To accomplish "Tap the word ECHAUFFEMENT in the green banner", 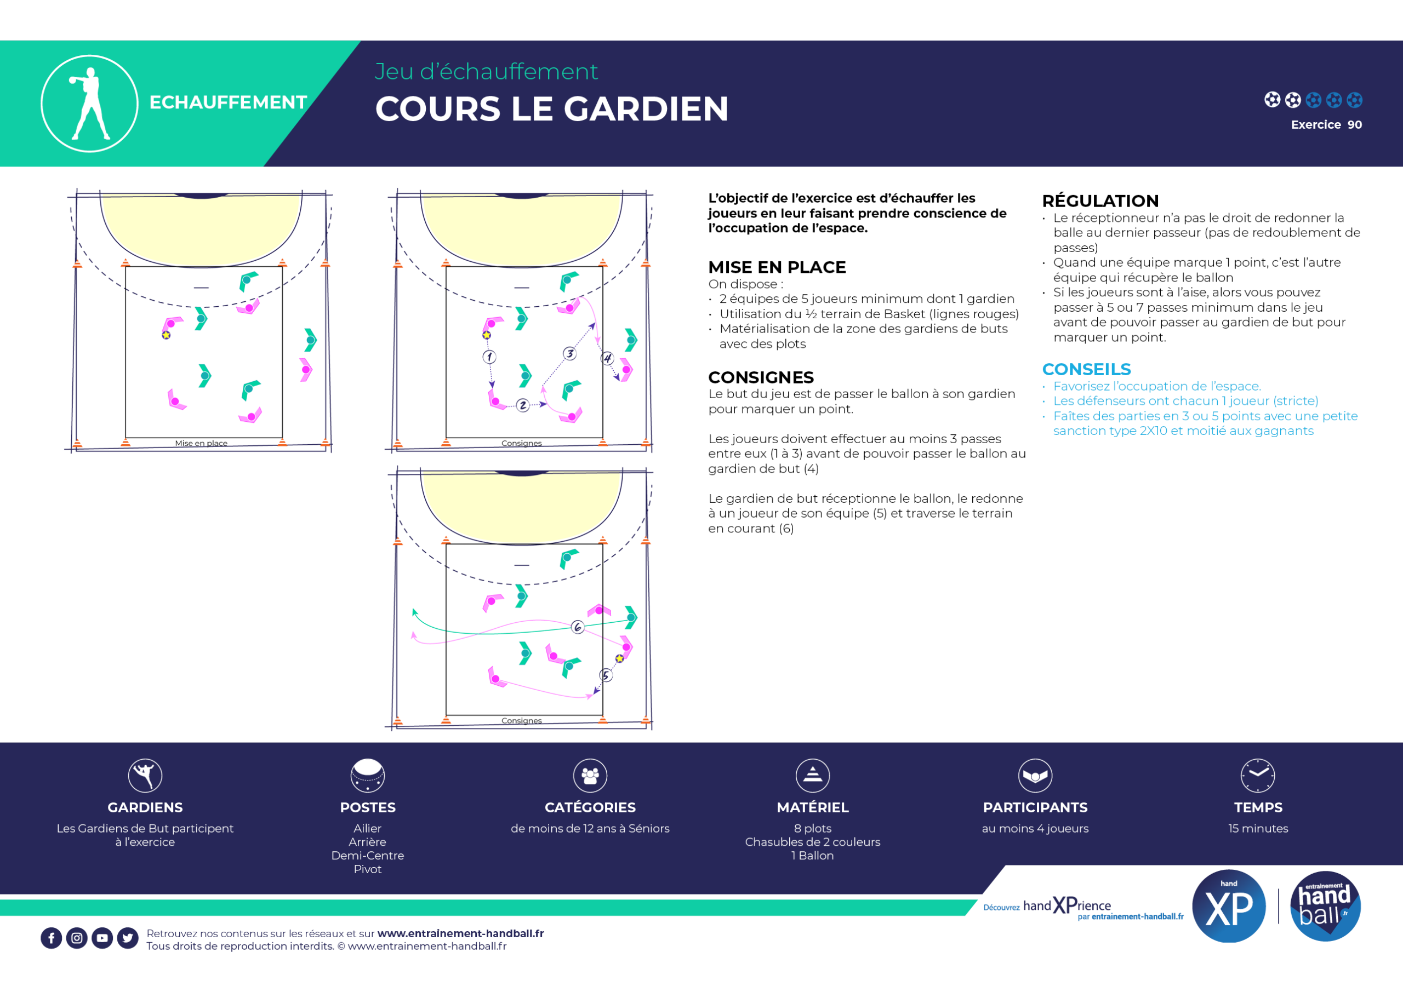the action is pos(228,102).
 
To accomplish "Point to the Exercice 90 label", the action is pos(1326,124).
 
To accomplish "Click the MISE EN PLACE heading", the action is pos(777,267).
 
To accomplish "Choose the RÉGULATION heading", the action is pos(1100,201).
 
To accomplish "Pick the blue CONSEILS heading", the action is pos(1086,369).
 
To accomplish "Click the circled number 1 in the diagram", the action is pos(489,357).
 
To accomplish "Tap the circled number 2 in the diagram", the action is pos(522,405).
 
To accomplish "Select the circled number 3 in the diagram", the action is pos(569,353).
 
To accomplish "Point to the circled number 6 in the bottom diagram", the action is pos(578,627).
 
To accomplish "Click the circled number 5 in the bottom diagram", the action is pos(606,675).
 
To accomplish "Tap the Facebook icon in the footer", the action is pos(52,938).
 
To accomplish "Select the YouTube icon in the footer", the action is pos(102,938).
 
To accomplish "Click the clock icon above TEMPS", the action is pos(1258,775).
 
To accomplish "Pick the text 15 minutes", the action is pos(1258,828).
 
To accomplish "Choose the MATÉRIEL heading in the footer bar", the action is pos(812,807).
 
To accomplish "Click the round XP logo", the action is pos(1228,906).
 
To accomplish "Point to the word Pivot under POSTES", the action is pos(367,869).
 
